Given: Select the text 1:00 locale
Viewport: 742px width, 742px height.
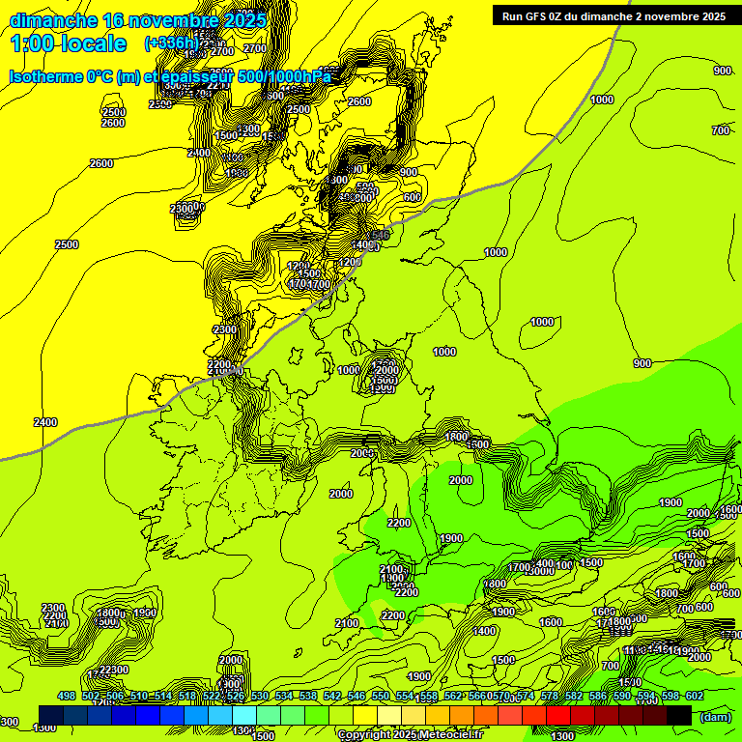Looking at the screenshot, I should click(x=68, y=43).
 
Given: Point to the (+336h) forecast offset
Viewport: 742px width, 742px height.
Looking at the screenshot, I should click(x=172, y=43).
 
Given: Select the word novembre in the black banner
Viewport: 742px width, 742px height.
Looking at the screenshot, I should click(x=671, y=16).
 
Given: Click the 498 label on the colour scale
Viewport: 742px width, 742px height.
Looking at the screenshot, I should click(x=67, y=697).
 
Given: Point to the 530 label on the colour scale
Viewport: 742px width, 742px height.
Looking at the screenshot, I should click(x=260, y=697).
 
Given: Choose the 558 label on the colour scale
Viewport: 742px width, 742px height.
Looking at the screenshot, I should click(x=429, y=697).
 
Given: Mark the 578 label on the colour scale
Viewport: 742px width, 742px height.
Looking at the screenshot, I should click(x=550, y=697).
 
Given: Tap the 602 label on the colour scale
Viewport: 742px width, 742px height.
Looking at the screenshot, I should click(x=695, y=697).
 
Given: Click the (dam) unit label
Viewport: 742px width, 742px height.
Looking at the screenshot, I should click(x=715, y=717).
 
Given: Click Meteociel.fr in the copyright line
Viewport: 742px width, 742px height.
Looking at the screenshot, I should click(x=451, y=735).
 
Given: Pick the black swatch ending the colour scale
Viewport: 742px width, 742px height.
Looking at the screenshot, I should click(x=679, y=715).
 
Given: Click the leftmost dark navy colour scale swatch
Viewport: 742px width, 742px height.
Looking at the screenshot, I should click(x=51, y=715).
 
